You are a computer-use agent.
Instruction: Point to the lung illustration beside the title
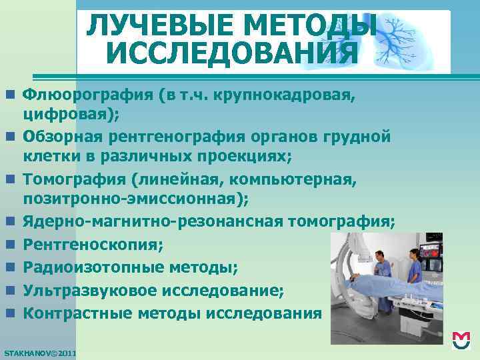[x=407, y=40]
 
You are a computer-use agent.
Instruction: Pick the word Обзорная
[x=63, y=137]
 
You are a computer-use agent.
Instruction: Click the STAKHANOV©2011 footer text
[x=40, y=352]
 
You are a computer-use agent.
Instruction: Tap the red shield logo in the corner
[x=461, y=341]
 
